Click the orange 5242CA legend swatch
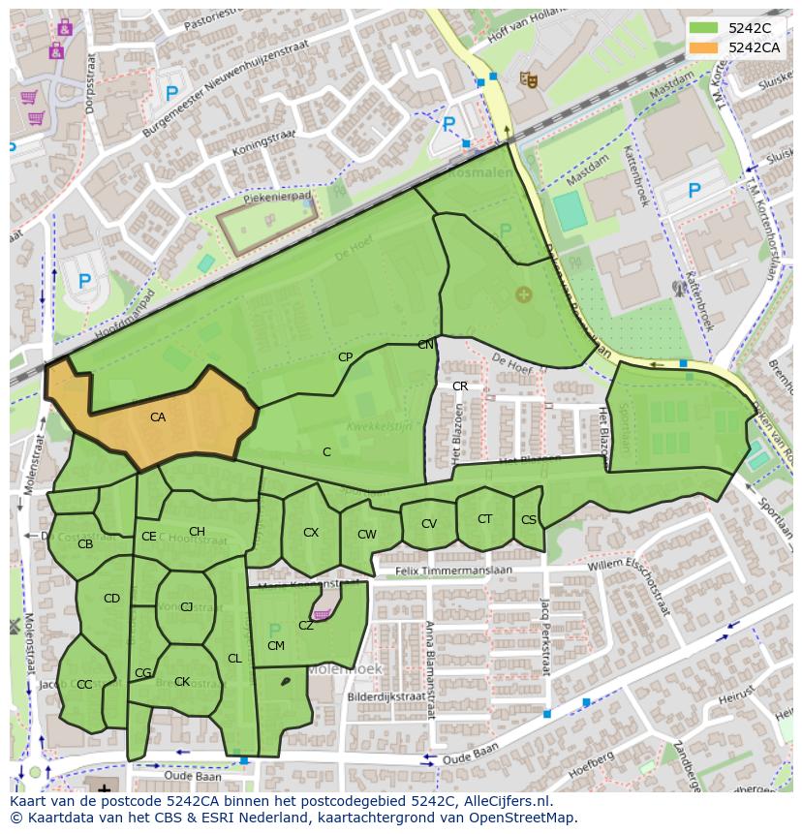[x=703, y=47]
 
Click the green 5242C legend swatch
[x=703, y=29]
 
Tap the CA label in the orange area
[x=158, y=417]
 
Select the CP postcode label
[x=345, y=357]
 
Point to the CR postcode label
[x=460, y=386]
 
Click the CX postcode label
[x=311, y=533]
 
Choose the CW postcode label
[x=366, y=535]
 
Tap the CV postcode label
[x=429, y=524]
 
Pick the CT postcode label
[x=484, y=519]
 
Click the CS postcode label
[x=528, y=520]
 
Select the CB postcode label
[x=85, y=544]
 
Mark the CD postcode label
[x=111, y=599]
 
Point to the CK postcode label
[x=182, y=682]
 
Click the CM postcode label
[x=276, y=646]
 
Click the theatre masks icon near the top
[x=529, y=78]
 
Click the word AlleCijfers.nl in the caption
[x=504, y=801]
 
